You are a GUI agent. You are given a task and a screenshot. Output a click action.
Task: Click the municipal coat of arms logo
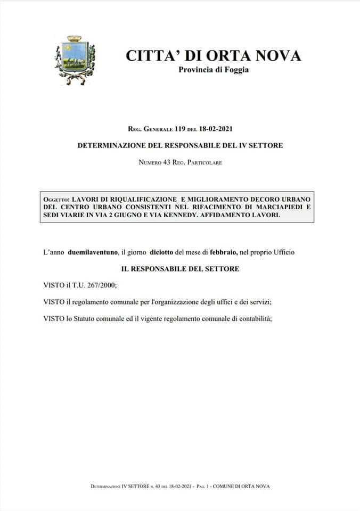coord(74,60)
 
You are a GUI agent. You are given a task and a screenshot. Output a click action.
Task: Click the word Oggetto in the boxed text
coord(56,199)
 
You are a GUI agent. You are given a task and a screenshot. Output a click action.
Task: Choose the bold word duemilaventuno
coord(93,252)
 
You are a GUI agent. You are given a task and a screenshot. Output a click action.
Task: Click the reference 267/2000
coord(100,285)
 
